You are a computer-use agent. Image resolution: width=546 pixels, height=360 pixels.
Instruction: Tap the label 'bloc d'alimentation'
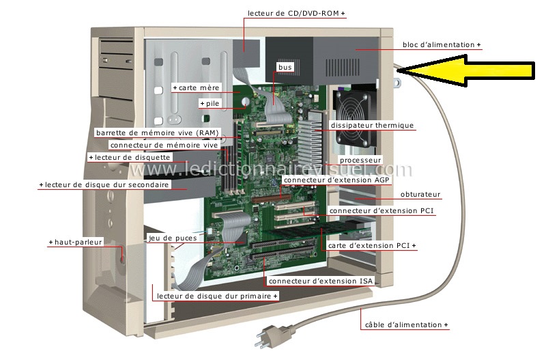coord(439,44)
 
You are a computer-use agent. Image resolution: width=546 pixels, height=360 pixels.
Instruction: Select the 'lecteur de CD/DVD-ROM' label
coord(293,13)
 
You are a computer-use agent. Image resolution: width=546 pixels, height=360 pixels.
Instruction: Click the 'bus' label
coord(285,67)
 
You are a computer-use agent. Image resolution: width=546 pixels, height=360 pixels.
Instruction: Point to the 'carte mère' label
coord(199,88)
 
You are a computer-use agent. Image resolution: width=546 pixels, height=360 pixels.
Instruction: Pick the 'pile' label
coord(212,104)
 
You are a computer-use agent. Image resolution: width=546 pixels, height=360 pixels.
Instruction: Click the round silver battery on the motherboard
coord(246,101)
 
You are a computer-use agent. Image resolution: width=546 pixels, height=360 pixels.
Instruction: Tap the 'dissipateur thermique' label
coord(372,125)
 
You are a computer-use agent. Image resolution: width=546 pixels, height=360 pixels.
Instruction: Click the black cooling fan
coord(354,117)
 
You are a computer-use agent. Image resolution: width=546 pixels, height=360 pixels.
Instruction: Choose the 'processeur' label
coord(360,161)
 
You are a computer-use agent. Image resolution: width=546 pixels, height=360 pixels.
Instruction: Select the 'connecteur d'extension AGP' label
coord(336,180)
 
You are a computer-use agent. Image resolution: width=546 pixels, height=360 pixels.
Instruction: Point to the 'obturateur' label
coord(420,195)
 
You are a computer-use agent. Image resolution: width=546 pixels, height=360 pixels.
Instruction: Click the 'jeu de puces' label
coord(173,238)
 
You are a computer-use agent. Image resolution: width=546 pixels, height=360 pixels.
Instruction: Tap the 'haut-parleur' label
coord(78,242)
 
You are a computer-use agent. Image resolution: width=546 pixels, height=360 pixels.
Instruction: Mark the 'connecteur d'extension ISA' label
coord(321,281)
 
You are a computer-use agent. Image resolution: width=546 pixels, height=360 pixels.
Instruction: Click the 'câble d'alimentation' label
coord(403,324)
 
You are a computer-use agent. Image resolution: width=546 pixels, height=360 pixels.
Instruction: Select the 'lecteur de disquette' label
coord(132,158)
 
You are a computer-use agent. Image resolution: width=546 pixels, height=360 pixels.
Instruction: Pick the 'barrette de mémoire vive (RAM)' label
coord(158,133)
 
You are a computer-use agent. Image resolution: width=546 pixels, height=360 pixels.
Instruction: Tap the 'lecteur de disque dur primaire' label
coord(214,296)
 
